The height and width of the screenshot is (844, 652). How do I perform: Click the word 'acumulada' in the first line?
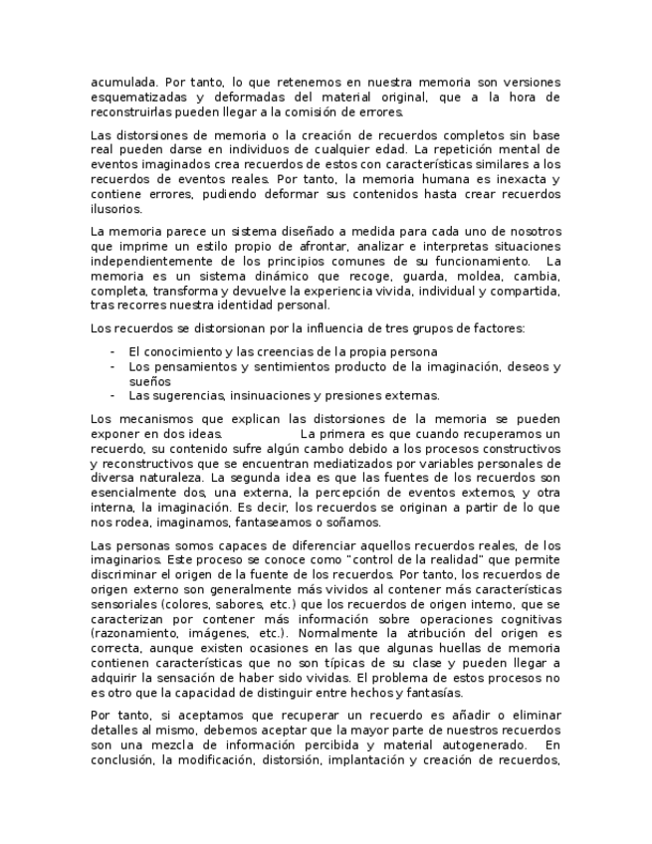(121, 82)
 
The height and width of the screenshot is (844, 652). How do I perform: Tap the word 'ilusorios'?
(115, 209)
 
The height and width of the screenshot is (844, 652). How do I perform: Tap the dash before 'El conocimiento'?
(112, 351)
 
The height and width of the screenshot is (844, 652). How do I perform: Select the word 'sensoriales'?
(123, 604)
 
